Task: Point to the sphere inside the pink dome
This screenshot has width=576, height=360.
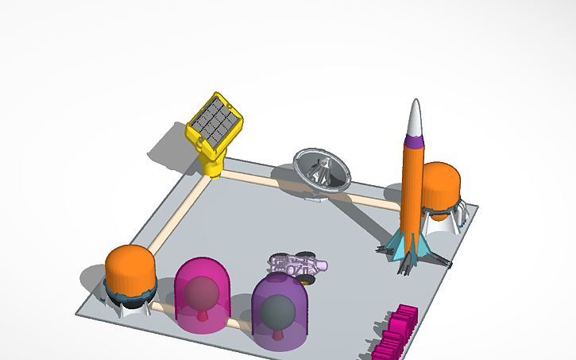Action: (201, 292)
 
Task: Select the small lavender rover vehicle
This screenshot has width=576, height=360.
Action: (298, 265)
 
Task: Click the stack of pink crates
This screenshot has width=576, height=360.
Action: (395, 331)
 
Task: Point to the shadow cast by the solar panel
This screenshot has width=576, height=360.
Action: (175, 147)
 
